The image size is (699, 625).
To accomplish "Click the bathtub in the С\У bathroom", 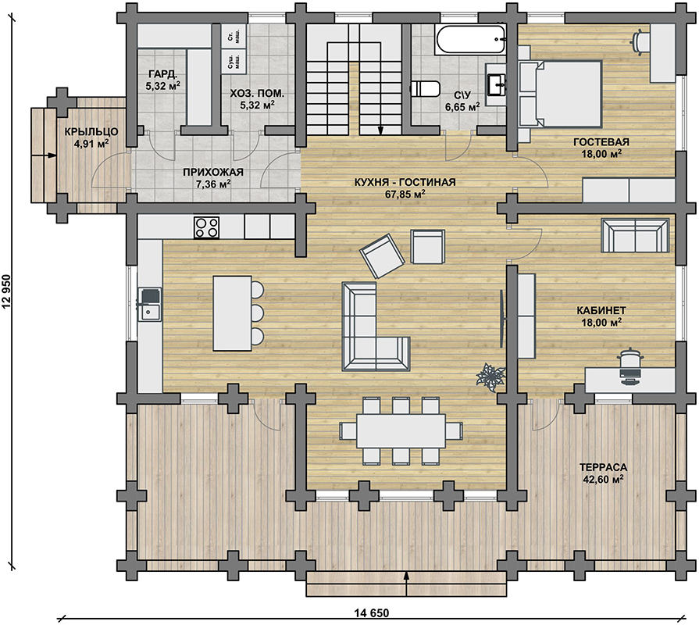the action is point(471,40).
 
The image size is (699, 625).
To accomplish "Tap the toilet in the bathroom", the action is point(425,89).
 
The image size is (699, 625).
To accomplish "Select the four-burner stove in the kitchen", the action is point(206,227).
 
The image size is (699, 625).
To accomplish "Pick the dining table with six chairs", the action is point(401,431).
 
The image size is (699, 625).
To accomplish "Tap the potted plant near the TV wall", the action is point(491,377).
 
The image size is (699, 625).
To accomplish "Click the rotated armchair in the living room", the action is point(382,256).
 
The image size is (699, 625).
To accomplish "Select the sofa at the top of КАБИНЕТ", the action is point(635,235).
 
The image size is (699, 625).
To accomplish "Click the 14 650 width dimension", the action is point(372,613).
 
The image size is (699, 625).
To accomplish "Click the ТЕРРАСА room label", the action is point(603,467).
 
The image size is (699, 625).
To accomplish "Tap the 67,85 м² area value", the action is point(405,194).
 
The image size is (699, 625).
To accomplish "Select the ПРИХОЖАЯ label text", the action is point(213,172).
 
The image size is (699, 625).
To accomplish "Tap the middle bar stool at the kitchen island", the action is point(257,312).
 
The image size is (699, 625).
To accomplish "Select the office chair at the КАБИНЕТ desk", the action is point(630,365).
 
